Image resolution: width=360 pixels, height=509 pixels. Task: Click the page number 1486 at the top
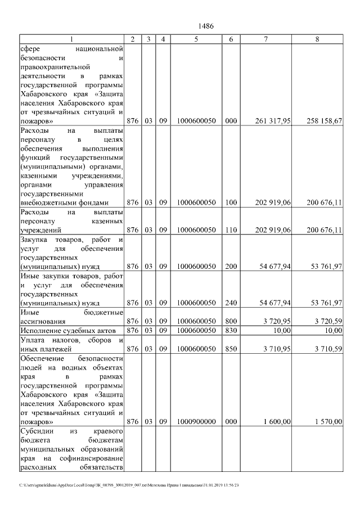click(206, 26)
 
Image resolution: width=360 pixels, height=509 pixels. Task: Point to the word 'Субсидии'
click(35, 431)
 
